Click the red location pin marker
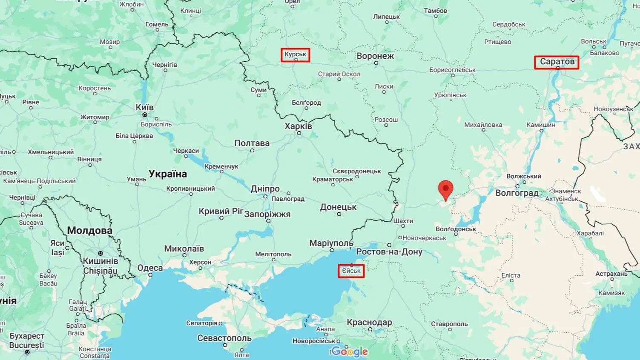pyautogui.click(x=446, y=189)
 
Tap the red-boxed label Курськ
pyautogui.click(x=295, y=55)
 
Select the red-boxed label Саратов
pyautogui.click(x=557, y=62)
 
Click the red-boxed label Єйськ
pyautogui.click(x=351, y=271)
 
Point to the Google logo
pyautogui.click(x=349, y=351)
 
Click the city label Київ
pyautogui.click(x=145, y=107)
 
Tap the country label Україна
pyautogui.click(x=168, y=174)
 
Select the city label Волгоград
pyautogui.click(x=517, y=193)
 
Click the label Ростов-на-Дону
pyautogui.click(x=389, y=251)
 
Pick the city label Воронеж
pyautogui.click(x=375, y=56)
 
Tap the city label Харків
pyautogui.click(x=298, y=126)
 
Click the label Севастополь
pyautogui.click(x=224, y=338)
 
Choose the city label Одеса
pyautogui.click(x=150, y=268)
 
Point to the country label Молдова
pyautogui.click(x=89, y=231)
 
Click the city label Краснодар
pyautogui.click(x=369, y=322)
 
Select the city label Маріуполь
pyautogui.click(x=331, y=243)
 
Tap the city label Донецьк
pyautogui.click(x=338, y=207)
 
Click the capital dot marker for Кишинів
pyautogui.click(x=100, y=253)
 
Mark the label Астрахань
pyautogui.click(x=611, y=274)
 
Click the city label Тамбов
pyautogui.click(x=436, y=11)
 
